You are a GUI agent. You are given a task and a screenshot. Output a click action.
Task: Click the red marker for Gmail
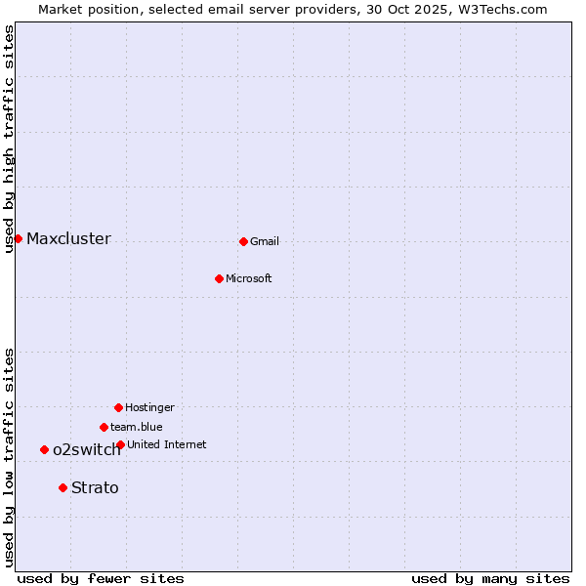(243, 241)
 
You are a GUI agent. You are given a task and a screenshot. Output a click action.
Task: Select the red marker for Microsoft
(219, 278)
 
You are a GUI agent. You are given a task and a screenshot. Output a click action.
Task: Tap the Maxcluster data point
(18, 238)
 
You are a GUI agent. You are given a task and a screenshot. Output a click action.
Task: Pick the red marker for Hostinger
(118, 407)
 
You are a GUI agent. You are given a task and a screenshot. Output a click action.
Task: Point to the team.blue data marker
(104, 427)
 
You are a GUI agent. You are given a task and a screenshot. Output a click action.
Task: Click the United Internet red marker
(120, 444)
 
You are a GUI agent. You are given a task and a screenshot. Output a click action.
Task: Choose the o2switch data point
(44, 449)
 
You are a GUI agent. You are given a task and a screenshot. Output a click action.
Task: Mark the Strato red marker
(63, 487)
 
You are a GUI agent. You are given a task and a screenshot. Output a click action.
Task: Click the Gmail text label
(265, 242)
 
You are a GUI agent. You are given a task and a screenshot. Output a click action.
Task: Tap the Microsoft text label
(248, 279)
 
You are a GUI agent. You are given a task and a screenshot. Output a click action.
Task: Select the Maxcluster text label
(68, 239)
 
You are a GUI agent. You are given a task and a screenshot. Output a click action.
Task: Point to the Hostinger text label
(149, 408)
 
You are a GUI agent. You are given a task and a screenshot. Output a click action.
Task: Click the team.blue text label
(137, 428)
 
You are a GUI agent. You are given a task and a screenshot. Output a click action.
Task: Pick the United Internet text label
(166, 445)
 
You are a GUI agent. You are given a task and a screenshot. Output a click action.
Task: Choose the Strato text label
(95, 488)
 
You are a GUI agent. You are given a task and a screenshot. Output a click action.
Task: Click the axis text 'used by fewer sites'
(101, 578)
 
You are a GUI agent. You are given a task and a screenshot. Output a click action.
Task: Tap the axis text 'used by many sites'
(490, 578)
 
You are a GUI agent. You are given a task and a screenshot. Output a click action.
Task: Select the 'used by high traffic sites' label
(9, 139)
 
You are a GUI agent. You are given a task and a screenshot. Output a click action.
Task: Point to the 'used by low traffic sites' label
(9, 457)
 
